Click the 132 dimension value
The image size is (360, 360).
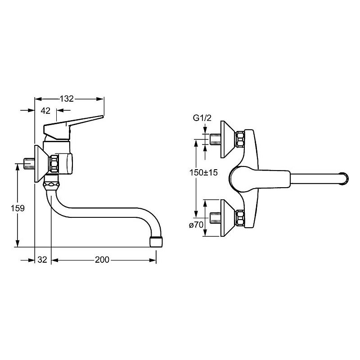coord(67,99)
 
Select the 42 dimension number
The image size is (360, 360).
coord(45,111)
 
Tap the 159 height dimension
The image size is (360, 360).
coord(18,208)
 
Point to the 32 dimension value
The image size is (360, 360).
coord(42,260)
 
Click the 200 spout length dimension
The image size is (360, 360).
coord(102,260)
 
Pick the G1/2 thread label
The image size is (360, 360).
coord(202,118)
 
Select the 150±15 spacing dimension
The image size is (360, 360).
coord(203,172)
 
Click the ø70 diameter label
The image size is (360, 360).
coord(196,225)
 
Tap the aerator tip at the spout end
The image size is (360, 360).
coord(156,242)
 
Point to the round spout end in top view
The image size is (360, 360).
coord(344,178)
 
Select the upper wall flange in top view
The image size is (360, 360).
coord(228,139)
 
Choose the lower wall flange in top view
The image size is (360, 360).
coord(228,218)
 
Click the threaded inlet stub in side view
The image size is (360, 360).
coord(29,164)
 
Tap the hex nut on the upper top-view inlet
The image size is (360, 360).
coord(240,139)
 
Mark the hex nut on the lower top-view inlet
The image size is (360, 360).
coord(240,218)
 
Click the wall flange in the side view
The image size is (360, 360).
coord(41,164)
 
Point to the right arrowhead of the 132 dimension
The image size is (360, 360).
coord(100,99)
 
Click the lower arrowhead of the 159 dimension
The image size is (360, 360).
coord(18,243)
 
